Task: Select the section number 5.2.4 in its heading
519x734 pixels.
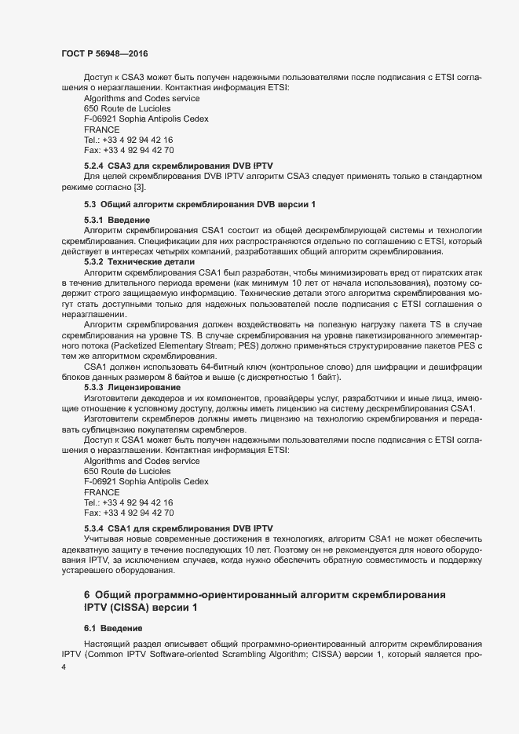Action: point(93,166)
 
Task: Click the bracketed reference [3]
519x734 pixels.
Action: point(138,187)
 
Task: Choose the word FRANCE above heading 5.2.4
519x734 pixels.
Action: point(101,129)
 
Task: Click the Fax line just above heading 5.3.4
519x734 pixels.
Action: point(129,513)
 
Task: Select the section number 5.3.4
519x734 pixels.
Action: point(93,528)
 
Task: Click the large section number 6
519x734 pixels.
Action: point(87,595)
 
